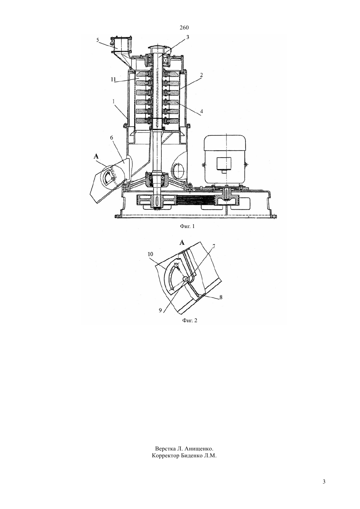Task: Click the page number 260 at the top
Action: coord(184,28)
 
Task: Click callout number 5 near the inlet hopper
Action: coord(98,40)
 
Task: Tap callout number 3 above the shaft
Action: coord(188,37)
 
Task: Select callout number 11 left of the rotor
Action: coord(114,79)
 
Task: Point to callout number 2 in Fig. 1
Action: coord(201,75)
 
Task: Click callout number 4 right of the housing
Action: coord(201,111)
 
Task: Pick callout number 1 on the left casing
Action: coord(114,102)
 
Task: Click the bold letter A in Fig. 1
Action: coord(96,156)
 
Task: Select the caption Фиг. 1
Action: coord(187,226)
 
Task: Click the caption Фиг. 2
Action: coord(189,320)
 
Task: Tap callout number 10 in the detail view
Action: coord(151,254)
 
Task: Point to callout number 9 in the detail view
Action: coord(160,310)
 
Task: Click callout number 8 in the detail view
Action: coord(221,297)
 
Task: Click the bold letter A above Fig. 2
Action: coord(182,243)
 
